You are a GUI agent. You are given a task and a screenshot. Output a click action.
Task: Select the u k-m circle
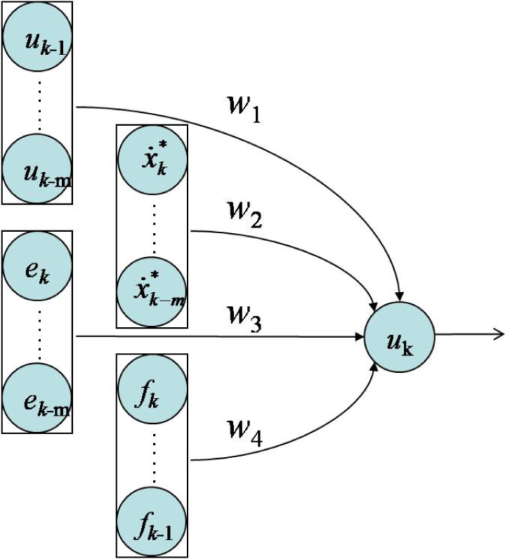point(37,169)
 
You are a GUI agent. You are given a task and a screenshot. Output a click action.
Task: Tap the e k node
point(37,265)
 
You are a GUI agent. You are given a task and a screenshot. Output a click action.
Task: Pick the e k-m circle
point(37,398)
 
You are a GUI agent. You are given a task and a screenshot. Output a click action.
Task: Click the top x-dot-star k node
point(152,159)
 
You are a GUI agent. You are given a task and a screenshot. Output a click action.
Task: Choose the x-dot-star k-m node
point(152,291)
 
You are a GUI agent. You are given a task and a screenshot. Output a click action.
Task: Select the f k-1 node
point(152,522)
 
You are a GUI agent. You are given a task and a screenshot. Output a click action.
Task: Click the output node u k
point(400,337)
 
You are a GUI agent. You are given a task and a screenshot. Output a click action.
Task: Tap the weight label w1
point(244,109)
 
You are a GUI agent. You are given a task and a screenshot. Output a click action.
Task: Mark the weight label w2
point(245,214)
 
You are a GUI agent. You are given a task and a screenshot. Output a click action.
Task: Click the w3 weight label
point(244,318)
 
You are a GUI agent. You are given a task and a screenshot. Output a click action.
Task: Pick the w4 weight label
point(245,433)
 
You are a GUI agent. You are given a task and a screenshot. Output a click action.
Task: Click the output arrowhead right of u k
point(499,334)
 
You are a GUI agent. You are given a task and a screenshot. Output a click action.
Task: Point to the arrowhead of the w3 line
point(359,337)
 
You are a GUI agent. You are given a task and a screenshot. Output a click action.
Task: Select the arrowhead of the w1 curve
point(400,296)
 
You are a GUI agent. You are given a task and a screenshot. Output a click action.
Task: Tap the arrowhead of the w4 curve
point(374,368)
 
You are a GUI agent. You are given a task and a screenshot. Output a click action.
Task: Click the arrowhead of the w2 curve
point(374,306)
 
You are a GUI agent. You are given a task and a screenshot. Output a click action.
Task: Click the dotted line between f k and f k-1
point(154,457)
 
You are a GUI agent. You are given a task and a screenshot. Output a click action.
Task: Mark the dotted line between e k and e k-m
point(39,334)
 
